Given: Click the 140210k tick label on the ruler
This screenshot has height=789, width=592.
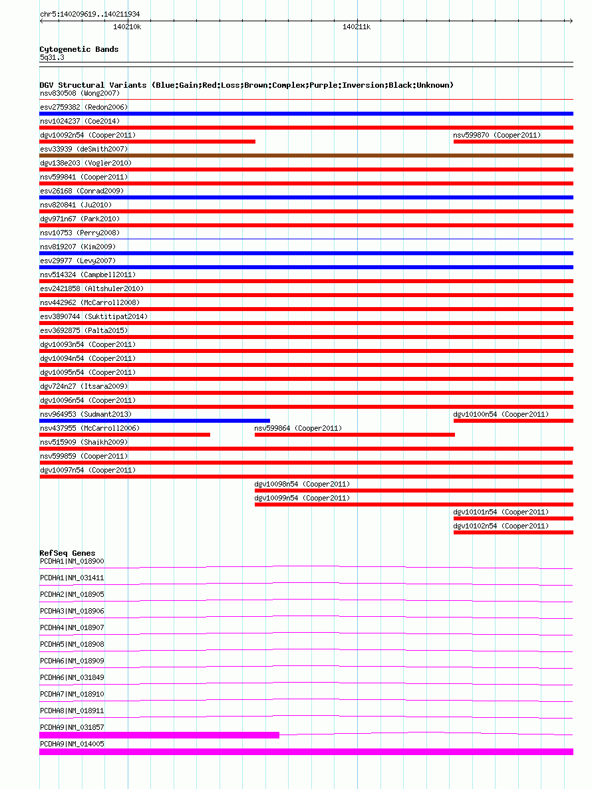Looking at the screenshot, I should (x=127, y=27).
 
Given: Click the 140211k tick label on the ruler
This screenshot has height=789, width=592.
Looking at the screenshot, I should (x=357, y=27).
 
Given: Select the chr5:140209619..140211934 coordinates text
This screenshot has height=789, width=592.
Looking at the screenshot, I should (x=90, y=14).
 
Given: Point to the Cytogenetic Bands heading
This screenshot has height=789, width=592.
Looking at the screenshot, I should (x=79, y=49).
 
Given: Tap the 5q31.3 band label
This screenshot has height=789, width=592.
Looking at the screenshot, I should (x=52, y=57).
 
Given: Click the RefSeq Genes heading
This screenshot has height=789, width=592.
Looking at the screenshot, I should (x=67, y=553).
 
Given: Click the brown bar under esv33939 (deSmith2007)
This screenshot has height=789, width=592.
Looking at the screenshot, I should (x=306, y=156).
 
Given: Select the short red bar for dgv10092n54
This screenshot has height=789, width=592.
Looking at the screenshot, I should (x=147, y=142).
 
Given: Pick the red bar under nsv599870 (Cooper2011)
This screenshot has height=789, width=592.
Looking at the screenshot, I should (x=513, y=142).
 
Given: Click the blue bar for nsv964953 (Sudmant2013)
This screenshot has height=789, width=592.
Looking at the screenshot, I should (x=154, y=421).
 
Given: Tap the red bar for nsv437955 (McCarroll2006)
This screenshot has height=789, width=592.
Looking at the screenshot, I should (x=124, y=435).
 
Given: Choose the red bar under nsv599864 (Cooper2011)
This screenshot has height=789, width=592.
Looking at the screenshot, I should (x=355, y=435).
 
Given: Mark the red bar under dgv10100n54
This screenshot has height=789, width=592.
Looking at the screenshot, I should (x=513, y=421).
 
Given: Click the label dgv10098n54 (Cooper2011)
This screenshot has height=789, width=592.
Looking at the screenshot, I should (x=302, y=484).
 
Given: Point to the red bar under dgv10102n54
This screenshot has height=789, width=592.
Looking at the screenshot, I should (x=513, y=532).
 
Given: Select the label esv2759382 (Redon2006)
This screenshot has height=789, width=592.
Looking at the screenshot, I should (x=84, y=107).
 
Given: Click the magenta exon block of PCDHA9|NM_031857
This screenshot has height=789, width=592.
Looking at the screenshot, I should (x=159, y=735).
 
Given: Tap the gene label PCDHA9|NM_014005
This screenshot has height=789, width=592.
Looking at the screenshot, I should (x=72, y=744).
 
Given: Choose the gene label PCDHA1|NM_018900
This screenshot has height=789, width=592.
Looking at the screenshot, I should (x=72, y=562).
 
